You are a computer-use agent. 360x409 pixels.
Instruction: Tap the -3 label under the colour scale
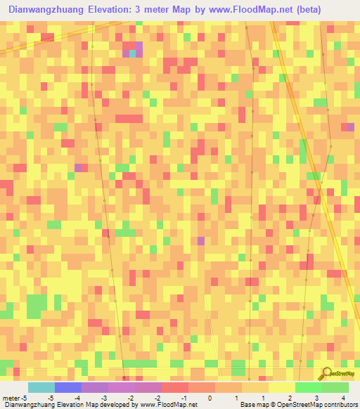coord(103,398)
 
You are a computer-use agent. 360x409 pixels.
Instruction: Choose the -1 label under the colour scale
coord(184,398)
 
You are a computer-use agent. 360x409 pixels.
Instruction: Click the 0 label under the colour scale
coord(210,398)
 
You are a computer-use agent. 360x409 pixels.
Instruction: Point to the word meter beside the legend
coord(11,398)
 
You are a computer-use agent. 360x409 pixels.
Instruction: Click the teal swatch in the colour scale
coord(41,387)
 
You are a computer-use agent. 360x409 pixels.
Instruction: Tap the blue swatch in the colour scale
coord(67,387)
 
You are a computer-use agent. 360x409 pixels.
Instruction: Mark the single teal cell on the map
coord(132,53)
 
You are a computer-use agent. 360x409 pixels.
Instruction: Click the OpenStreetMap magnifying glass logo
coord(326,373)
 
